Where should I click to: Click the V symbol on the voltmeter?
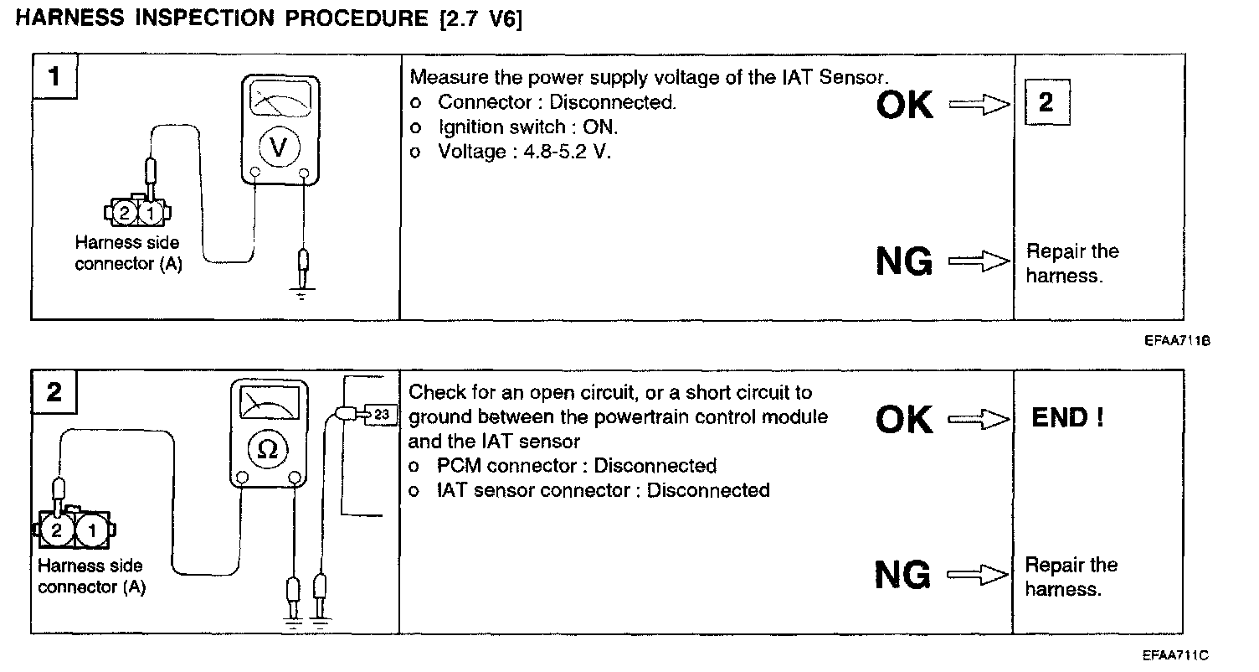click(280, 147)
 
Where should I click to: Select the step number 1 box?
click(55, 78)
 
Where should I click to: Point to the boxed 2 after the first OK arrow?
click(1046, 103)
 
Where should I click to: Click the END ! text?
click(1067, 417)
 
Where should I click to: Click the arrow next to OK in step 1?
click(979, 106)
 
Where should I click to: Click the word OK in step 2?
click(904, 419)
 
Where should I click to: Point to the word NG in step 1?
click(904, 262)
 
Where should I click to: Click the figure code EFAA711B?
click(1179, 342)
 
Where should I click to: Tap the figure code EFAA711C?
click(1176, 655)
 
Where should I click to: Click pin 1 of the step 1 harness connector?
click(150, 214)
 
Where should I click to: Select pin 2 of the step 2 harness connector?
click(57, 530)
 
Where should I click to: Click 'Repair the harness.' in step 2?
click(1071, 576)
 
